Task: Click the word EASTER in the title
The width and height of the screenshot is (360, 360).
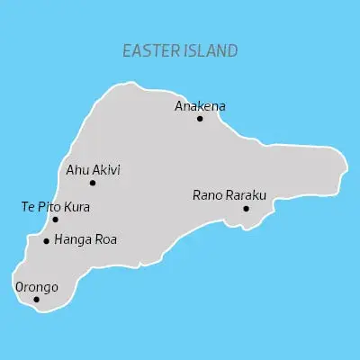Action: [x=150, y=51]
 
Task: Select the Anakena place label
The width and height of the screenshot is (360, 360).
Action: [x=200, y=106]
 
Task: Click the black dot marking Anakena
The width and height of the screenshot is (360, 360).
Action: [x=200, y=119]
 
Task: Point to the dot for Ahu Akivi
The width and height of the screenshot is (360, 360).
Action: [x=92, y=183]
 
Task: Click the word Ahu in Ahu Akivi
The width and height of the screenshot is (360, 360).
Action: [x=77, y=169]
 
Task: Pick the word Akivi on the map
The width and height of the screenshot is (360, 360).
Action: [x=106, y=169]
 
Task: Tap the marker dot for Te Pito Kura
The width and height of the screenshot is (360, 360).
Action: [x=55, y=220]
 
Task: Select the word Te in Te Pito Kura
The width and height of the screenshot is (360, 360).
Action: [x=27, y=207]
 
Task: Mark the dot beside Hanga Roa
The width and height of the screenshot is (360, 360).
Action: [x=46, y=241]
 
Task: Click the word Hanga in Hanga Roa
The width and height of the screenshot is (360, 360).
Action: [x=72, y=240]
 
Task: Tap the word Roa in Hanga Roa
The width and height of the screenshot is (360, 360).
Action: [x=105, y=240]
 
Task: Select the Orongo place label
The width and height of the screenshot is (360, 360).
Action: [x=37, y=287]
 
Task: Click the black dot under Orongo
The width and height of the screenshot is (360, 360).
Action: [x=36, y=300]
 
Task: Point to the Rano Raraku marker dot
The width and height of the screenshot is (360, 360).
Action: [x=246, y=209]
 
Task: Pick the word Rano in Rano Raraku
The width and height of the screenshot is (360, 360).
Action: [x=208, y=194]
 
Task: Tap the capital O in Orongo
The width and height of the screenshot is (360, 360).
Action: [x=21, y=287]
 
